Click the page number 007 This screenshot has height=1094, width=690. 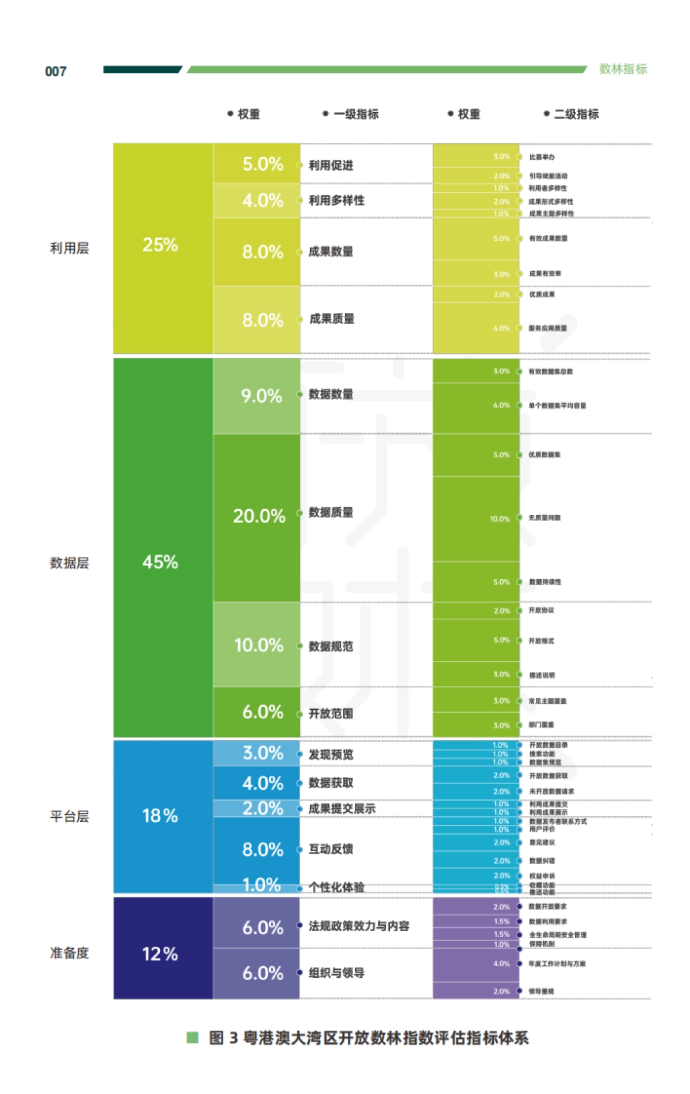pos(56,71)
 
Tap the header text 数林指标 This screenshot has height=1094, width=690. pos(623,69)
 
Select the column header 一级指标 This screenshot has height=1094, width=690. pos(356,114)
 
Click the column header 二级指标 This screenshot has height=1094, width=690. pos(576,114)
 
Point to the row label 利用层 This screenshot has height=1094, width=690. pos(70,248)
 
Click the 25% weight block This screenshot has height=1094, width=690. pos(160,245)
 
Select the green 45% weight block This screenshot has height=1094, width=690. pos(160,562)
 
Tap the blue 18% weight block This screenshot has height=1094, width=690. pos(160,816)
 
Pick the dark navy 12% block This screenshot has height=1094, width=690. pos(160,954)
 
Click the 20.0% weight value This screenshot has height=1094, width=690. pos(259,516)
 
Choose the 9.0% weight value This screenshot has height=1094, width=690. pos(262,396)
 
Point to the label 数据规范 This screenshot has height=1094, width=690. pos(331,646)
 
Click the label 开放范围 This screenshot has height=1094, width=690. pos(331,713)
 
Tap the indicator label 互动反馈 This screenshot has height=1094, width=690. pos(331,849)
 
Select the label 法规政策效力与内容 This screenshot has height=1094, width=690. pos(359,926)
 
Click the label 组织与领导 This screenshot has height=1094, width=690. pos(336,973)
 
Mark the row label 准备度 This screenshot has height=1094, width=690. pos(70,953)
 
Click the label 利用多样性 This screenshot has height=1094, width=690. pos(336,200)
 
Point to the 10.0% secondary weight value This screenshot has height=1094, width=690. pos(500,519)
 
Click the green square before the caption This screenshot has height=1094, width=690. pos(193,1038)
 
